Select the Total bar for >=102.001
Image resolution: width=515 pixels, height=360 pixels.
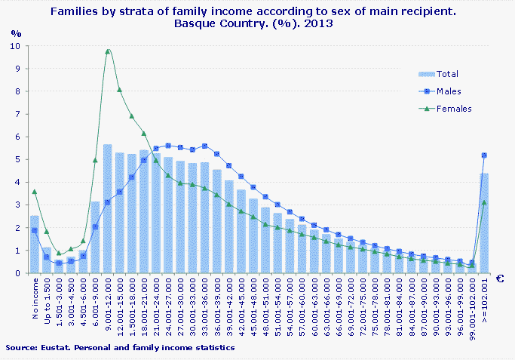(x=484, y=223)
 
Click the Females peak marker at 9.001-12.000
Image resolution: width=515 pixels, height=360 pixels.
(x=108, y=51)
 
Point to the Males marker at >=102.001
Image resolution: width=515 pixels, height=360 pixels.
(x=484, y=155)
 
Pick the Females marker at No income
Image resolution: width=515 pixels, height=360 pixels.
(x=35, y=192)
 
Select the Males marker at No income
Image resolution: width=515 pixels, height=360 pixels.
(x=35, y=230)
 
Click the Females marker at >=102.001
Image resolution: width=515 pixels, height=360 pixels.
(x=484, y=202)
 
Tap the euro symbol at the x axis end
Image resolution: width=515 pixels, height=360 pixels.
(x=499, y=278)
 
